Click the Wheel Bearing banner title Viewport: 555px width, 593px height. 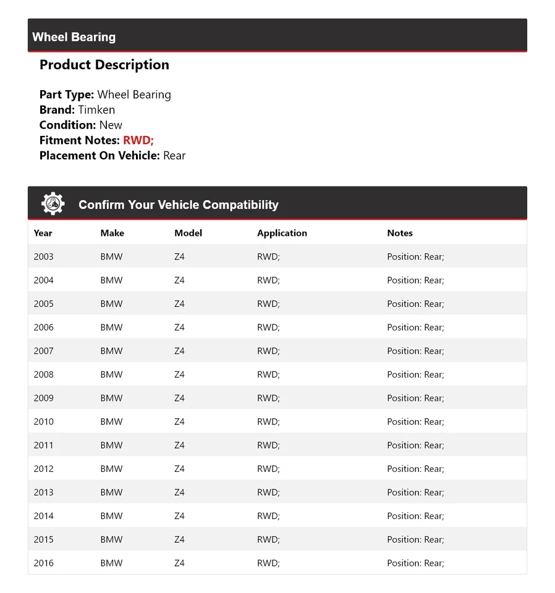(x=74, y=37)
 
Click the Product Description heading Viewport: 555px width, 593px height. (x=104, y=65)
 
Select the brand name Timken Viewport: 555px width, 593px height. (x=96, y=110)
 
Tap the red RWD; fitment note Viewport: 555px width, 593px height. (x=138, y=140)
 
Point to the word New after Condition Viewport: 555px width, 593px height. (x=111, y=125)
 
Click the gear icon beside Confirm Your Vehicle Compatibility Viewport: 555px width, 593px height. (x=53, y=204)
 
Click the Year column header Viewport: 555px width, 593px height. (x=43, y=233)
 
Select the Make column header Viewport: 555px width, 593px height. (x=112, y=233)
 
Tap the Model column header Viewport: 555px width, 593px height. (x=188, y=233)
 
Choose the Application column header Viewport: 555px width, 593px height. (x=282, y=233)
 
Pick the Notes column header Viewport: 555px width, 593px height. (x=400, y=233)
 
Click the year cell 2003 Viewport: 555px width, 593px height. (x=44, y=256)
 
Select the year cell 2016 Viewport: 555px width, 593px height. (x=44, y=563)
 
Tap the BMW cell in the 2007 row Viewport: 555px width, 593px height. (x=111, y=351)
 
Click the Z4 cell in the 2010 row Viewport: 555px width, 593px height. (x=179, y=421)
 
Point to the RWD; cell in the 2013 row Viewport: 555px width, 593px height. (x=268, y=492)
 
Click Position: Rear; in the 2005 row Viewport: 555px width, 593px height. (x=415, y=303)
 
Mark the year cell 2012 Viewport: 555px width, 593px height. (x=44, y=469)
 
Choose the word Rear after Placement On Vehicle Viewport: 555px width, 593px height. (x=174, y=156)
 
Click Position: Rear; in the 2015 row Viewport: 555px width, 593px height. (x=415, y=539)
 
